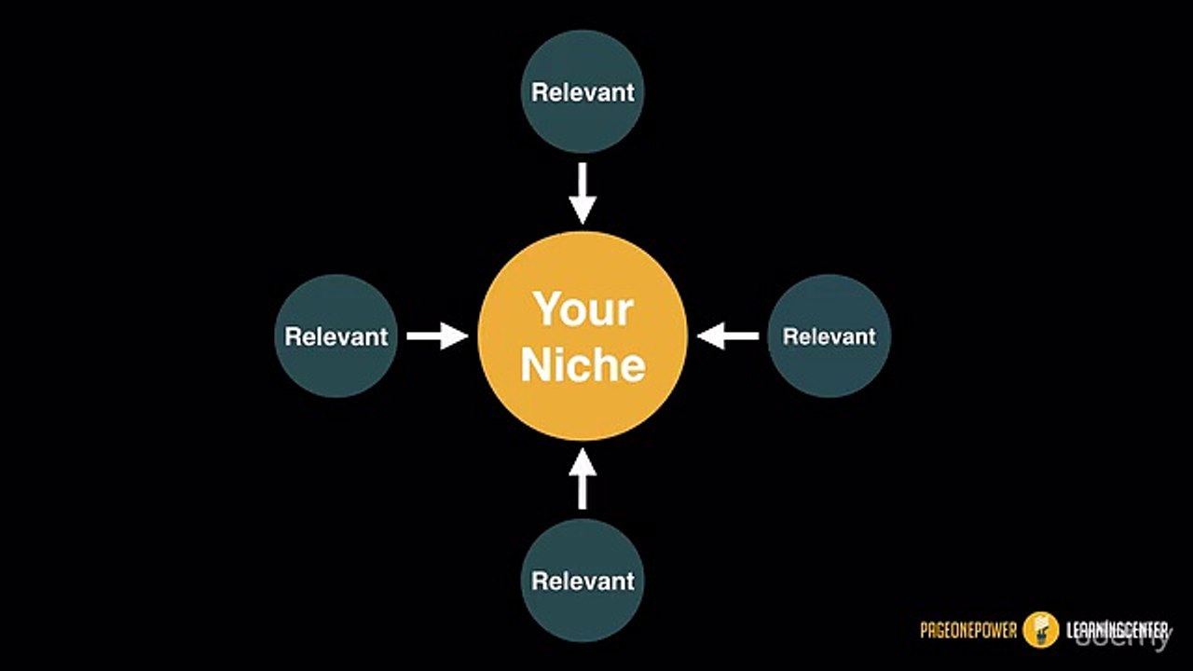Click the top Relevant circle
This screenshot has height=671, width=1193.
[583, 91]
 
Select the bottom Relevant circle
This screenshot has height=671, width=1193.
[583, 581]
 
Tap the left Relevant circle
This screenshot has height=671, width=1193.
[336, 335]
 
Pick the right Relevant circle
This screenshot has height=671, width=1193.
[829, 335]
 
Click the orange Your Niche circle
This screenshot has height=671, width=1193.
[583, 335]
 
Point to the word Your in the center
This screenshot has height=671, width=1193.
[583, 308]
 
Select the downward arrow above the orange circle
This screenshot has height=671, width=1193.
[583, 193]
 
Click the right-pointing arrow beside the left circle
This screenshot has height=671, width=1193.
[437, 335]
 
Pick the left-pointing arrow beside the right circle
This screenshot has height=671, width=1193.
[728, 335]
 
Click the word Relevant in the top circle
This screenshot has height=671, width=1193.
[583, 92]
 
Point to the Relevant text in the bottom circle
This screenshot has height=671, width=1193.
[583, 581]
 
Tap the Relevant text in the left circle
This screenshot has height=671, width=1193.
[336, 336]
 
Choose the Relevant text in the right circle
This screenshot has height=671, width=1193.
[829, 336]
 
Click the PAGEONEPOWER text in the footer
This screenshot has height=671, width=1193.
[968, 631]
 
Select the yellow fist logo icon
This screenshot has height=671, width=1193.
[1041, 630]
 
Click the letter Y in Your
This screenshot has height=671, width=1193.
[548, 308]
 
